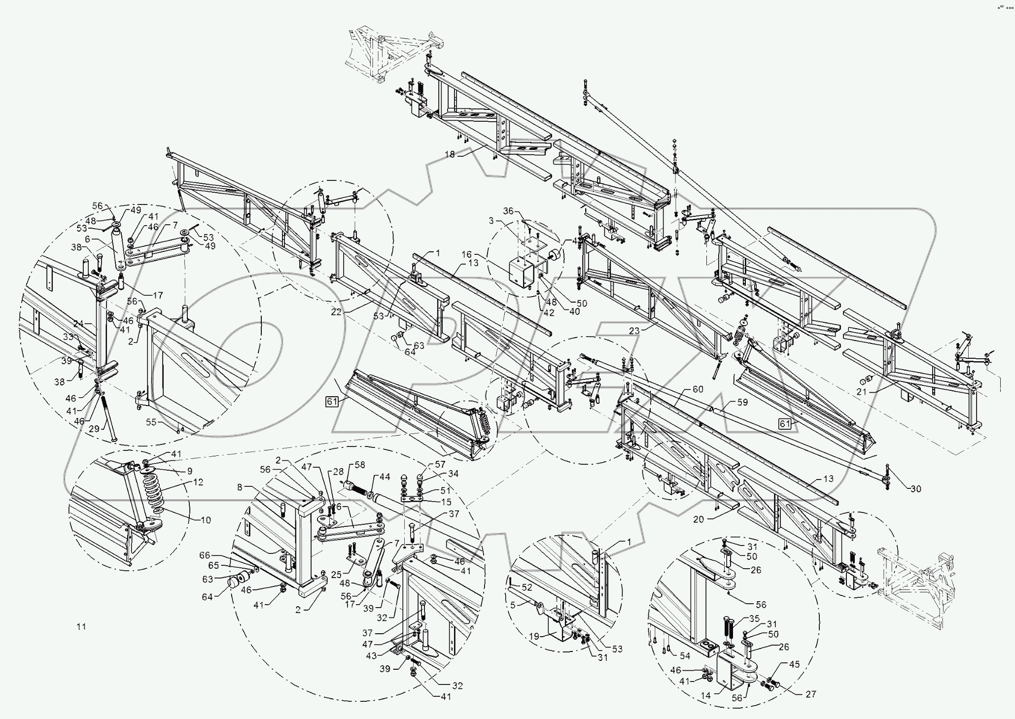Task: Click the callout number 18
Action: [449, 154]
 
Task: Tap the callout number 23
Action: [634, 331]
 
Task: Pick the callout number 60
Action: [698, 389]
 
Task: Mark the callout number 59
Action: [742, 402]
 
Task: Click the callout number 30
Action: [916, 489]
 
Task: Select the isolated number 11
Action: [81, 627]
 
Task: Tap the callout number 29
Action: [94, 429]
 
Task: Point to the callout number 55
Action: [150, 422]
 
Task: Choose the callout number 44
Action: [385, 477]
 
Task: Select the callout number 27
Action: [811, 693]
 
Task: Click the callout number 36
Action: [508, 211]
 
